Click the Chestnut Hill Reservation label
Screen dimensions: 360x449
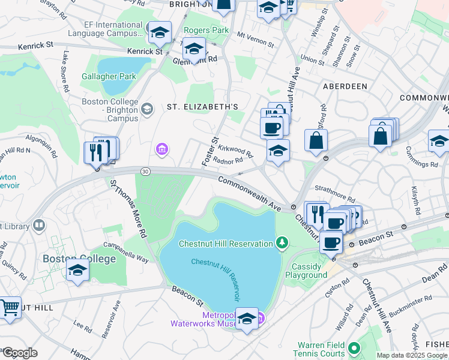click(x=226, y=243)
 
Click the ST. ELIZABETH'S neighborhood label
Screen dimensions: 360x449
click(x=202, y=107)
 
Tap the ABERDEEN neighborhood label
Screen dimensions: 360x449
click(x=345, y=86)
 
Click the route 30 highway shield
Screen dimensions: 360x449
click(x=145, y=172)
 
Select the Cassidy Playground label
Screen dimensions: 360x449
click(x=310, y=271)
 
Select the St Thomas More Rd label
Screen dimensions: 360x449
click(x=127, y=207)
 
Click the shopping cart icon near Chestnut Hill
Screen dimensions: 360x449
click(x=10, y=308)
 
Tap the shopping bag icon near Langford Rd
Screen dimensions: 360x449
click(x=316, y=141)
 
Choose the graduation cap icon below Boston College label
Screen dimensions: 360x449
click(x=78, y=271)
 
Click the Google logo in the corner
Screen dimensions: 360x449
click(x=20, y=353)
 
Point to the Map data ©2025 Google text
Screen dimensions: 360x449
click(x=412, y=355)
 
